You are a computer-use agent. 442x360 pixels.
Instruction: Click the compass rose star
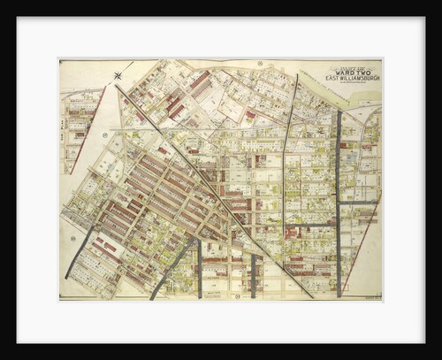pyautogui.click(x=118, y=75)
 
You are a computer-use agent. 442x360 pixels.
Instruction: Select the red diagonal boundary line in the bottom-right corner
pyautogui.click(x=358, y=248)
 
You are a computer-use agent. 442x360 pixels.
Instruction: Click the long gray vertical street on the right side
pyautogui.click(x=337, y=203)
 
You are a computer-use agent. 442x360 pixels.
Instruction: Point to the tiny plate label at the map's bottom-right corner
pyautogui.click(x=371, y=295)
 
